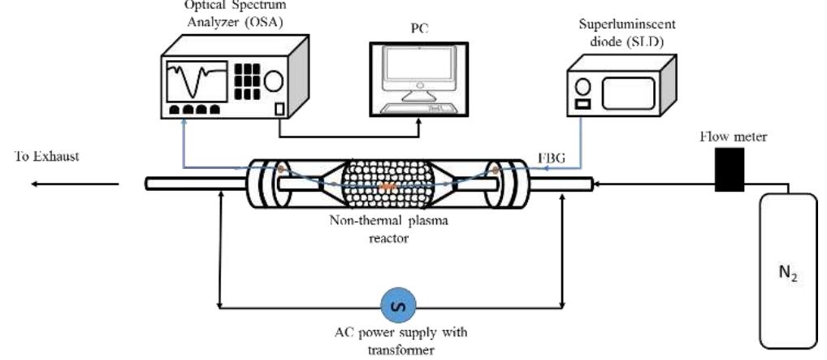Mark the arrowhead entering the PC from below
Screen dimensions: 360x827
point(419,124)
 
